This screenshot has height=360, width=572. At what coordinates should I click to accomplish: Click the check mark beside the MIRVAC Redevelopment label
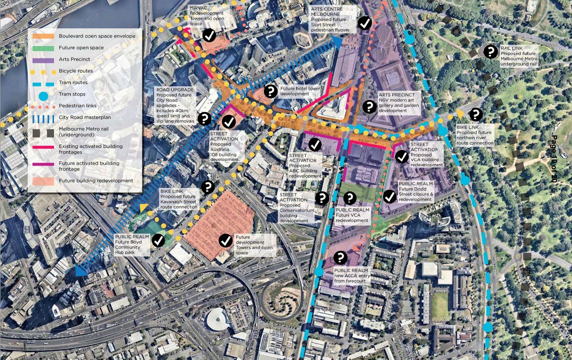[x=209, y=35]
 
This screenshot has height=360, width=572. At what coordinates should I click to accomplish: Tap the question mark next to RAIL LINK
[x=491, y=52]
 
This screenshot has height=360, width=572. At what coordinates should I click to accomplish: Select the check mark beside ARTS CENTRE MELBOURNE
[x=365, y=23]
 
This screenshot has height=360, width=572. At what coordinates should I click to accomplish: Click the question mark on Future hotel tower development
[x=271, y=91]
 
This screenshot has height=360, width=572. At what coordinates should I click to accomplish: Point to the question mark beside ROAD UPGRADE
[x=204, y=119]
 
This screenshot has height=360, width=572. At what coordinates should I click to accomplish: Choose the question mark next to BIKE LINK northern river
[x=476, y=114]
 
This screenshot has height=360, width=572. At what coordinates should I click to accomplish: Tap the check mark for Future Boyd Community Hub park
[x=158, y=240]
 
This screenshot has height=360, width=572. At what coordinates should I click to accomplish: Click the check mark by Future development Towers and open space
[x=226, y=240]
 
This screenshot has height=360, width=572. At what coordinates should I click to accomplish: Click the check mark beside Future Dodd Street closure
[x=390, y=196]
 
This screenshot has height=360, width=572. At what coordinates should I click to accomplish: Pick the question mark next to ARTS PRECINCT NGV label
[x=369, y=107]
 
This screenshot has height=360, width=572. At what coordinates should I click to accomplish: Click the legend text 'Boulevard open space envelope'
[x=97, y=36]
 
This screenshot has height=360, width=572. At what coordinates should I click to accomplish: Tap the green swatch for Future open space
[x=42, y=48]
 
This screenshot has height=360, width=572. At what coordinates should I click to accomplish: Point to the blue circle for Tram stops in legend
[x=42, y=97]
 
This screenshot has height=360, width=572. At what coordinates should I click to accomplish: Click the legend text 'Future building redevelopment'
[x=96, y=180]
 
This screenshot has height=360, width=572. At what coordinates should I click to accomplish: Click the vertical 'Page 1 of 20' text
[x=554, y=158]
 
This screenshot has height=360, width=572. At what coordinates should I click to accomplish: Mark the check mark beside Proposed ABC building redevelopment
[x=315, y=145]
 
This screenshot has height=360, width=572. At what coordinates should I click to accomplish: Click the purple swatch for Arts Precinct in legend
[x=42, y=60]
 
